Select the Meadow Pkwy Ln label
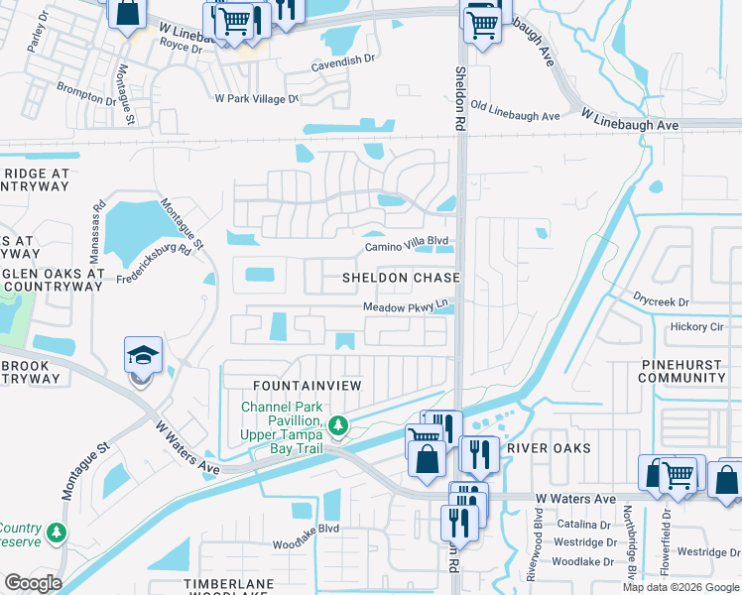(406, 307)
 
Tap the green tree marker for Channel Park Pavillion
(338, 426)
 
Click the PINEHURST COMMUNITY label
(680, 371)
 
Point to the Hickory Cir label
(697, 326)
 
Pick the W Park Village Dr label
(257, 99)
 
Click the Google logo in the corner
(32, 583)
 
